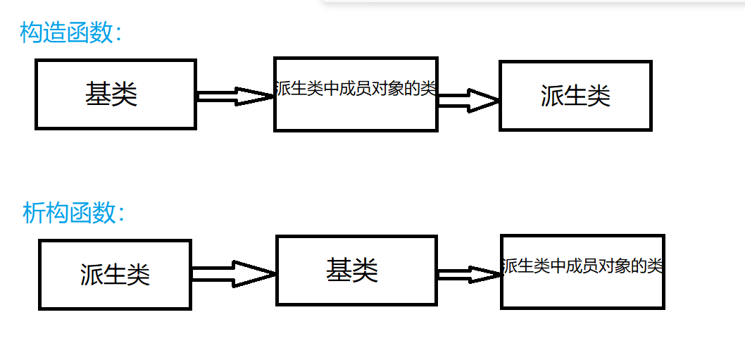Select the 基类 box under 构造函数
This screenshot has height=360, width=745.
point(115,94)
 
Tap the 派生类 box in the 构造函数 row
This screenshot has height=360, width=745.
point(575,96)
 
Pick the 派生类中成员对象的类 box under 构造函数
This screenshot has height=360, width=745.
point(356,94)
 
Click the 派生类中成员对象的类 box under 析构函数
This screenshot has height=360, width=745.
point(582,271)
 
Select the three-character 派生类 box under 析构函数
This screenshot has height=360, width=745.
point(115,275)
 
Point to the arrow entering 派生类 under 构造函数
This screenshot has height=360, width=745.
point(468,100)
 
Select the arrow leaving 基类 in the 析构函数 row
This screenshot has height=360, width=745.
point(468,274)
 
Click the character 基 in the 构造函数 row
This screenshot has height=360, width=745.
point(98,94)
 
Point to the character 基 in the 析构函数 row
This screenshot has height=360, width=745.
point(339,271)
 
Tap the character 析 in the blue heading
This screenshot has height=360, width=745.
point(33,213)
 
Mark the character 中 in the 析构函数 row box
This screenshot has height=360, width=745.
point(559,266)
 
